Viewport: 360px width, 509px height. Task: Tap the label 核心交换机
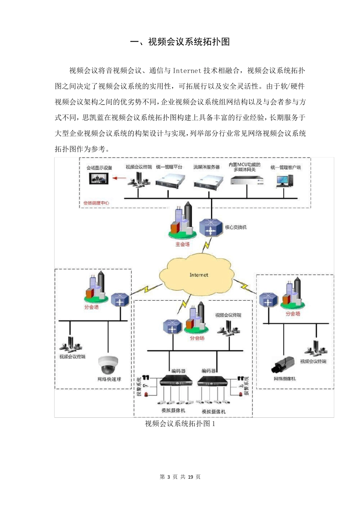click(x=235, y=227)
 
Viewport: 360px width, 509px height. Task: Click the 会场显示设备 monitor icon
click(x=99, y=178)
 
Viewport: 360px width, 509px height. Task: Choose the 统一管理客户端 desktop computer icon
click(x=285, y=181)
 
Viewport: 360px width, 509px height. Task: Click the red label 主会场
click(x=182, y=245)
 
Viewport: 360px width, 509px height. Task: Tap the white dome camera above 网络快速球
click(x=109, y=364)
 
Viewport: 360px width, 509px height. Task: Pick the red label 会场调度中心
click(x=96, y=203)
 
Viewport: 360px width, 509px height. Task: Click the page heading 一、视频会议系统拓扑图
click(x=180, y=42)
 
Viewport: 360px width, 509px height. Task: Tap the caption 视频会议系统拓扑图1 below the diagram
click(x=180, y=424)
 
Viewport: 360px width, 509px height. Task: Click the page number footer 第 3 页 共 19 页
click(x=180, y=477)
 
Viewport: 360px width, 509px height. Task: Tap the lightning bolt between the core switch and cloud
click(x=206, y=246)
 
